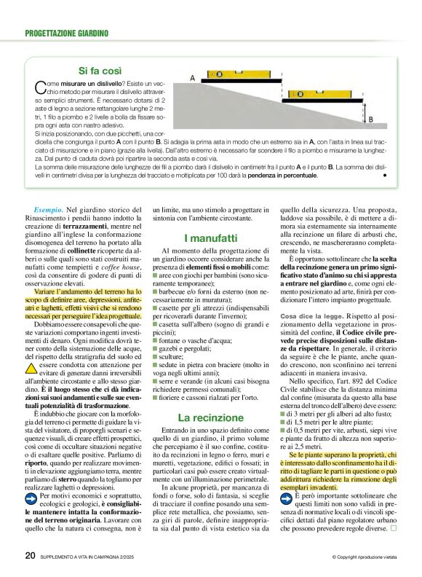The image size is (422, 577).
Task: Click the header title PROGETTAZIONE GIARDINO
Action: pos(67,34)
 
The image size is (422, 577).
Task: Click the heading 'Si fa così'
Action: pos(100,71)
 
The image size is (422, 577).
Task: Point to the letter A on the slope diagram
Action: pos(192,77)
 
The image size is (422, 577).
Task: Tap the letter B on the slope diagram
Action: pos(370,119)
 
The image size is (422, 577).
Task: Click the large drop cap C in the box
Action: pos(41,87)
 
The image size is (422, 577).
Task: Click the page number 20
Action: pos(30,557)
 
